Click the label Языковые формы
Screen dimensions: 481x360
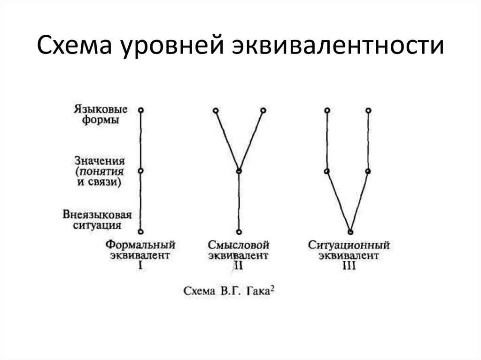(x=100, y=115)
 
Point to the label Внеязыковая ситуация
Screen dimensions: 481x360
(x=97, y=220)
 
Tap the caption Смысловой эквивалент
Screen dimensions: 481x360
(x=239, y=250)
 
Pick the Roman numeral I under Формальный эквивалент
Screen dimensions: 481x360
(x=140, y=266)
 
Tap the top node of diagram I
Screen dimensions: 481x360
(x=140, y=110)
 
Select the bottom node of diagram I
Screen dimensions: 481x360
(x=140, y=231)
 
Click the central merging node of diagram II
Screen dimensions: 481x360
(x=239, y=171)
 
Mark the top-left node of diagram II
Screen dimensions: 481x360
(x=215, y=111)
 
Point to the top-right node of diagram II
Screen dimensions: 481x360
(x=263, y=111)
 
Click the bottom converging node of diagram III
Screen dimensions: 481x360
(x=350, y=231)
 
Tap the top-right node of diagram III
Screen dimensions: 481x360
(x=369, y=110)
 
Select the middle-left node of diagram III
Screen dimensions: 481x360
(x=327, y=171)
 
